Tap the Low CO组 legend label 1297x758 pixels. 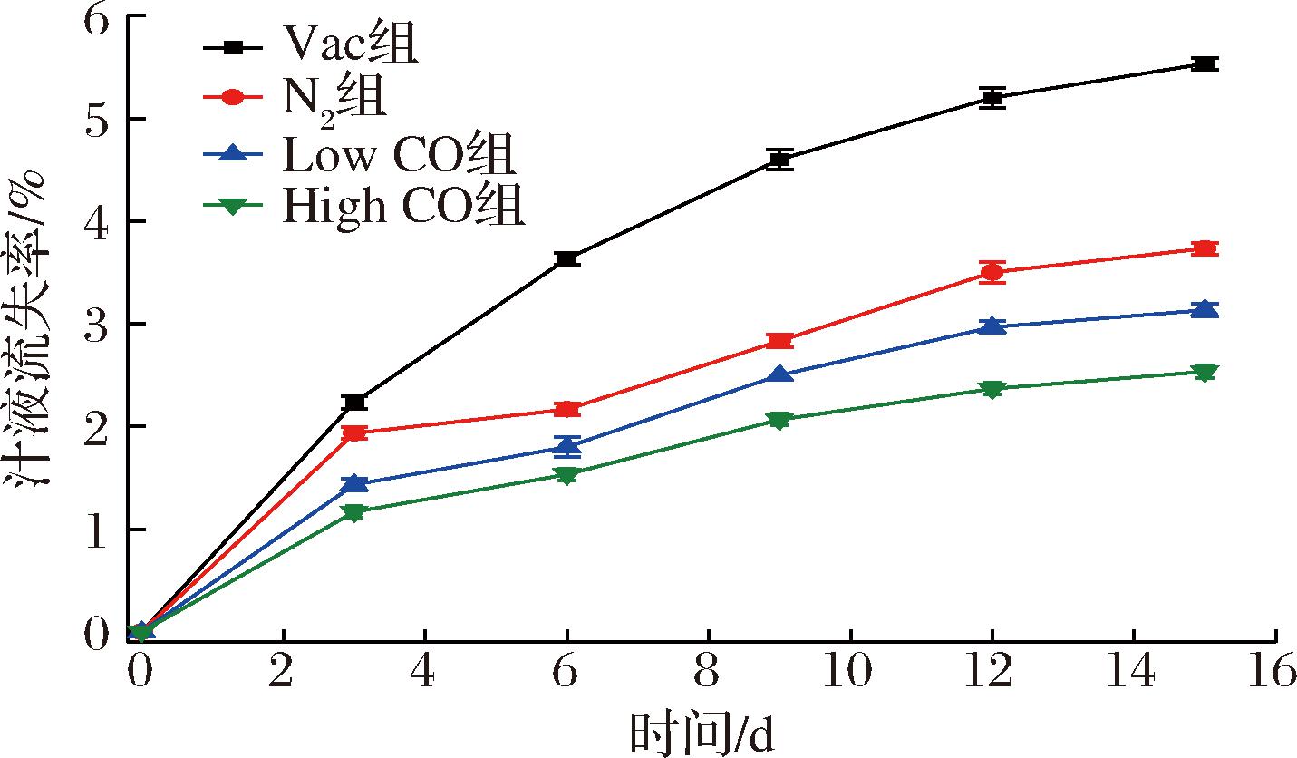point(400,155)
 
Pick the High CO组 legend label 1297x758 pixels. point(404,208)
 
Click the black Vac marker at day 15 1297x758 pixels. point(1205,63)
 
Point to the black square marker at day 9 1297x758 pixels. point(779,160)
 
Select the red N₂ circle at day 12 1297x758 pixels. point(992,272)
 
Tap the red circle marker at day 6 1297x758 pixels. point(567,409)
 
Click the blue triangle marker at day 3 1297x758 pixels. point(355,484)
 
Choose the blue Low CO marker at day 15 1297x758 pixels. point(1205,309)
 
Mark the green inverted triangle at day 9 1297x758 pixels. point(779,420)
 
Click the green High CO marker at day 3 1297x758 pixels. point(355,512)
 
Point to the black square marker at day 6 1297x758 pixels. point(567,259)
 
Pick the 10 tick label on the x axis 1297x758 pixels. point(850,672)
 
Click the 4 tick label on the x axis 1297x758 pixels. point(426,672)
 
